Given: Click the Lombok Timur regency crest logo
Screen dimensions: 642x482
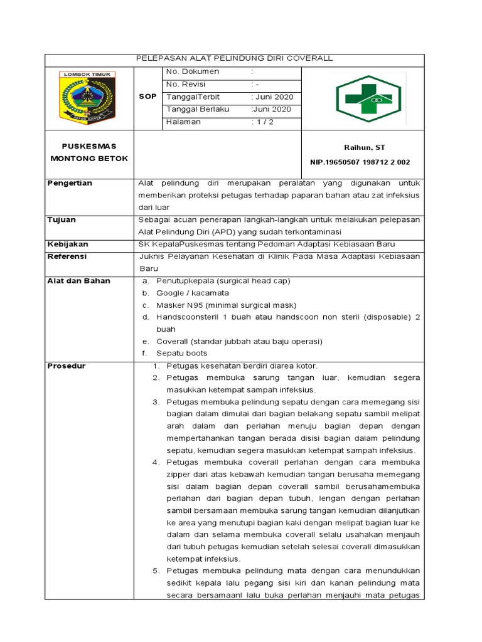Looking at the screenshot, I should coord(87,97).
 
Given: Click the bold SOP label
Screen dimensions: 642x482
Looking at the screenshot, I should coord(147,97).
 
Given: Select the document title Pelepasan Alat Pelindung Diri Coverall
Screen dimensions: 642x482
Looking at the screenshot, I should coord(235,58).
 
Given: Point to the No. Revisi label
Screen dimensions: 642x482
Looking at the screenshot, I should coord(186,85).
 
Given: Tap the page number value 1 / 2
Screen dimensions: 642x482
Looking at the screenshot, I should coord(264,122).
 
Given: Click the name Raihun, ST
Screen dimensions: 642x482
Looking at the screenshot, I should coord(364,147).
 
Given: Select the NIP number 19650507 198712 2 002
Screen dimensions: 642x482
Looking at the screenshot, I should coord(360,162).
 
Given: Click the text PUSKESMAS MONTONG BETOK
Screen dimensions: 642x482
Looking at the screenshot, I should coord(88,152).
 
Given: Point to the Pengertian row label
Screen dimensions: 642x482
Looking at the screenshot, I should coord(70,183).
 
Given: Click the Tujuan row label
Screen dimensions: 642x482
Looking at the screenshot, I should coord(62,220).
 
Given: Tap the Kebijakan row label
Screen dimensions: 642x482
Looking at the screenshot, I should coord(68,244).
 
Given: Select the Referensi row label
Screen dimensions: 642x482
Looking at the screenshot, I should coord(67,256).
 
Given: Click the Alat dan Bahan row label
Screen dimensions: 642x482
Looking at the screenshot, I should coord(78,281).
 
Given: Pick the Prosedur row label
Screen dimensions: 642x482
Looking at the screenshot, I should coord(67,366).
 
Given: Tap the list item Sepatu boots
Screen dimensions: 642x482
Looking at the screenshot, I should coord(181,353).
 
